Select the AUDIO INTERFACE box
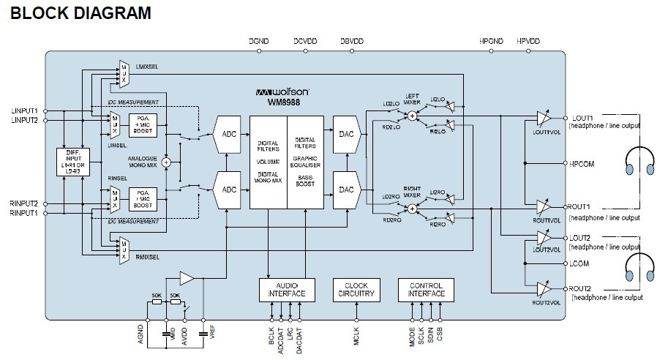287,290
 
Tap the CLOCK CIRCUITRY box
356,290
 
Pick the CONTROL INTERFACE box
426,290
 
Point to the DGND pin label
259,42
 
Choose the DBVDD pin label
352,42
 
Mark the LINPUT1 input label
24,110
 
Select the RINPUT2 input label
24,203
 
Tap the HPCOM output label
582,164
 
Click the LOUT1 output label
582,117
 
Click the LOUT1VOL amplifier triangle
542,118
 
